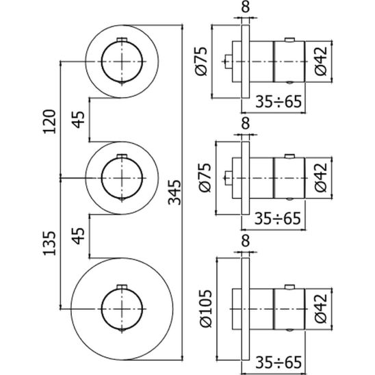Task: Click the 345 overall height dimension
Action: [x=174, y=192]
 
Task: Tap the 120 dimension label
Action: [x=49, y=121]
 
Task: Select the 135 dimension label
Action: [x=49, y=243]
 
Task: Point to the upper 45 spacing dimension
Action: [x=79, y=120]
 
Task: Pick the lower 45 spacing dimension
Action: [x=79, y=235]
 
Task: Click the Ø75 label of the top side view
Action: [x=201, y=61]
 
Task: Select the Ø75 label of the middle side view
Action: [x=205, y=178]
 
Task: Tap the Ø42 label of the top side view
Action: [x=320, y=61]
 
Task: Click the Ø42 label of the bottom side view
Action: [x=320, y=308]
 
